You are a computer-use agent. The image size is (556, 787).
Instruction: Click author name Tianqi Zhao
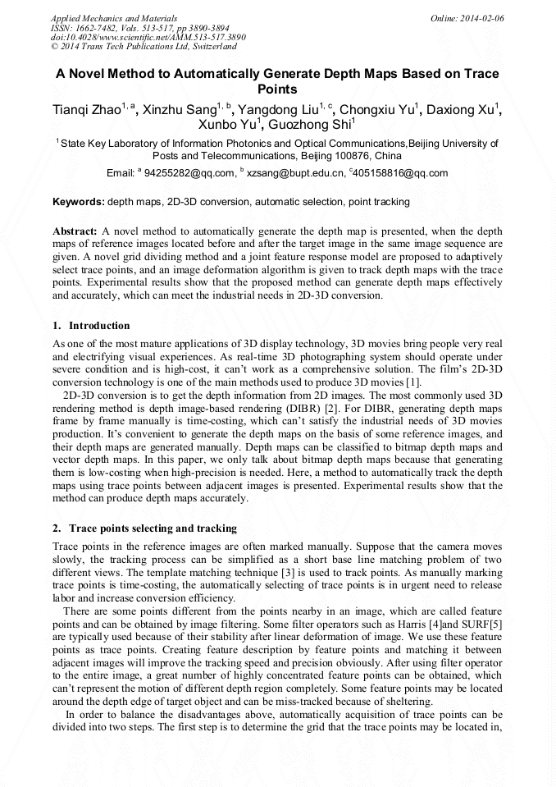(87, 110)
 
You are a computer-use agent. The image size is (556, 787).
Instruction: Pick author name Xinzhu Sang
(180, 110)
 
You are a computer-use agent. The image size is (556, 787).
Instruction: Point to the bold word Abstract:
(75, 232)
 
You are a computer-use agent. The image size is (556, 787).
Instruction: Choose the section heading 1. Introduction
(91, 326)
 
